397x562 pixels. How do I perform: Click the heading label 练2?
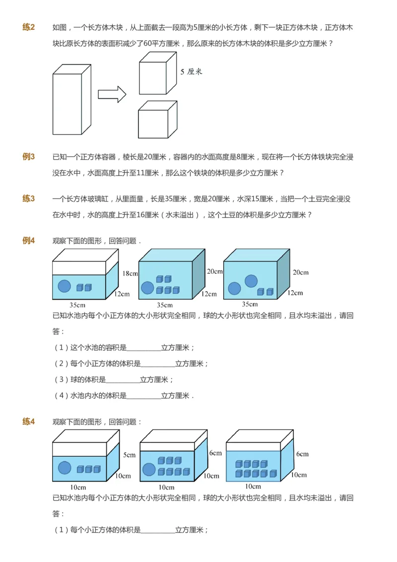pyautogui.click(x=28, y=27)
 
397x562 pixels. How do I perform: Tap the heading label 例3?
pyautogui.click(x=28, y=157)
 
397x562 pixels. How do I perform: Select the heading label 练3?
pyautogui.click(x=28, y=199)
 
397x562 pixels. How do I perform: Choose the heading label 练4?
pyautogui.click(x=28, y=422)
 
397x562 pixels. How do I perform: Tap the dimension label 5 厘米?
pyautogui.click(x=192, y=72)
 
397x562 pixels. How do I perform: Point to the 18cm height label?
pyautogui.click(x=130, y=273)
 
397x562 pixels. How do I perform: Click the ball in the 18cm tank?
pyautogui.click(x=64, y=286)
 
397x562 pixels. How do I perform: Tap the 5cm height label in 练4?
pyautogui.click(x=130, y=455)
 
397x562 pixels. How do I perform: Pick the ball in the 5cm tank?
pyautogui.click(x=64, y=468)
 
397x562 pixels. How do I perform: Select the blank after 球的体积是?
pyautogui.click(x=123, y=380)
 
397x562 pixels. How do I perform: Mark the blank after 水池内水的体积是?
pyautogui.click(x=144, y=396)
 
